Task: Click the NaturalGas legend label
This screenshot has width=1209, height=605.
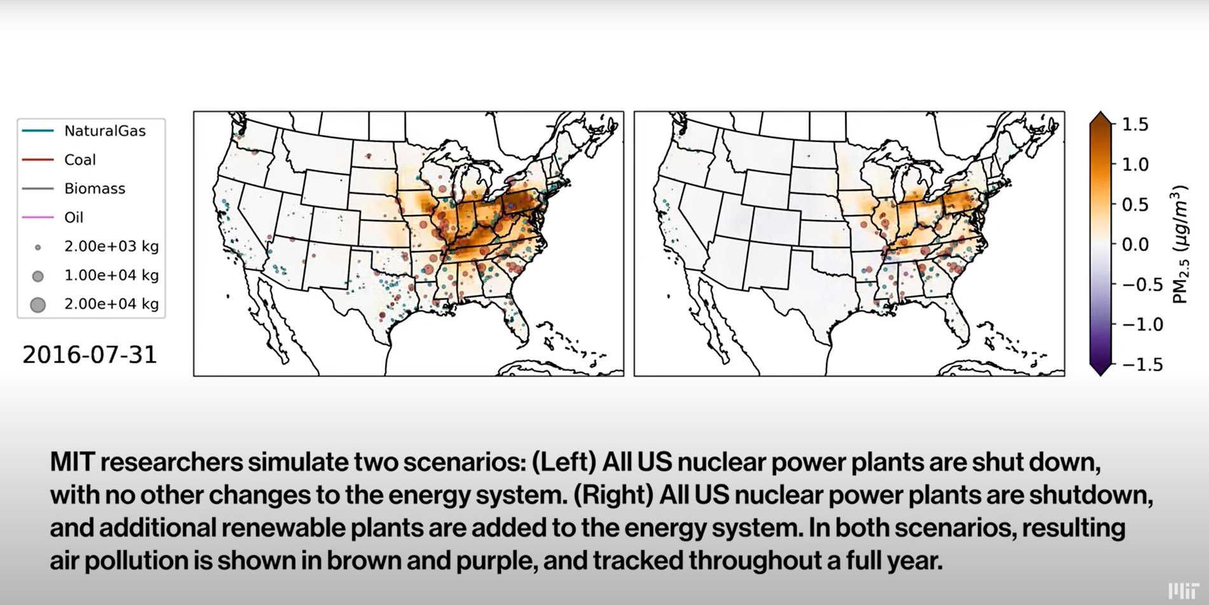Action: [x=104, y=131]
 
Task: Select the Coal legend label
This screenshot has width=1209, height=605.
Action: [x=79, y=160]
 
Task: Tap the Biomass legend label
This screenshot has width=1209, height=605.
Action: [x=94, y=188]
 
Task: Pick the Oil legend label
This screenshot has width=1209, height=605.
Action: [x=74, y=218]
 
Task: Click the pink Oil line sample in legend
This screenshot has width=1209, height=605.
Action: [x=38, y=218]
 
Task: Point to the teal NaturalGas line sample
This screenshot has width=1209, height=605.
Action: [x=38, y=131]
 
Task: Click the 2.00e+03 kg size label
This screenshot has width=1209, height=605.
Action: [x=111, y=246]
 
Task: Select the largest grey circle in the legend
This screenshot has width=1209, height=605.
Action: [x=38, y=305]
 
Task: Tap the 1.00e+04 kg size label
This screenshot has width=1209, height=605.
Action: [x=111, y=275]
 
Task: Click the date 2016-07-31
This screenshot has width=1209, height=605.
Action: [x=90, y=354]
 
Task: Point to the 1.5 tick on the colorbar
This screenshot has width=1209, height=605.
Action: [x=1135, y=125]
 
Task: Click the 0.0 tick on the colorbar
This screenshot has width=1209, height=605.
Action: [x=1135, y=244]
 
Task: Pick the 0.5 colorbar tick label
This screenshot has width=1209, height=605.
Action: [x=1135, y=205]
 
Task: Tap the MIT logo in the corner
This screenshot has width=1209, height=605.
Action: [x=1183, y=590]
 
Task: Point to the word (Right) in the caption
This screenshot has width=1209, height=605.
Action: [x=612, y=495]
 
